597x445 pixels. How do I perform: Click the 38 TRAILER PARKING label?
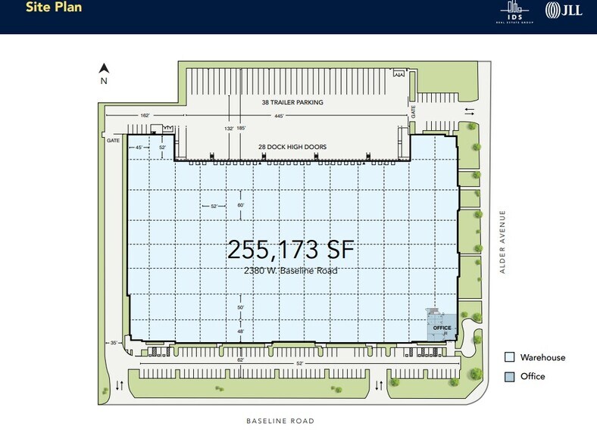point(291,102)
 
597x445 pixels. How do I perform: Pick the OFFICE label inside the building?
point(442,328)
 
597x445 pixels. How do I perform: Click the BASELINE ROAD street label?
point(280,421)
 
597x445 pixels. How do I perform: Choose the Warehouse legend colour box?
point(511,358)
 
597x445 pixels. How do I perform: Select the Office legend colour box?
point(511,376)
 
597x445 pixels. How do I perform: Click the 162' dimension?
point(144,116)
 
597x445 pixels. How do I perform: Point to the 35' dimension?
point(114,344)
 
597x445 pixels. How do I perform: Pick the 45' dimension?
point(139,148)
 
